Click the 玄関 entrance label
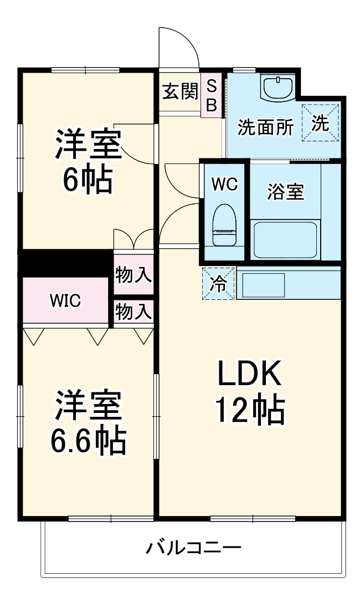pos(179,91)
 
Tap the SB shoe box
pos(212,94)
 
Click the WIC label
pos(65,301)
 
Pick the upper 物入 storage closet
pos(133,274)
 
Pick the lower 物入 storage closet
pos(133,312)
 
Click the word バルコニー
pos(193,549)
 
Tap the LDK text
pos(249,375)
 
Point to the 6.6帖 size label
pos(88,441)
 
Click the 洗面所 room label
pos(265,127)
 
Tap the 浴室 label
pos(285,192)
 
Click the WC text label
pos(225,183)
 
